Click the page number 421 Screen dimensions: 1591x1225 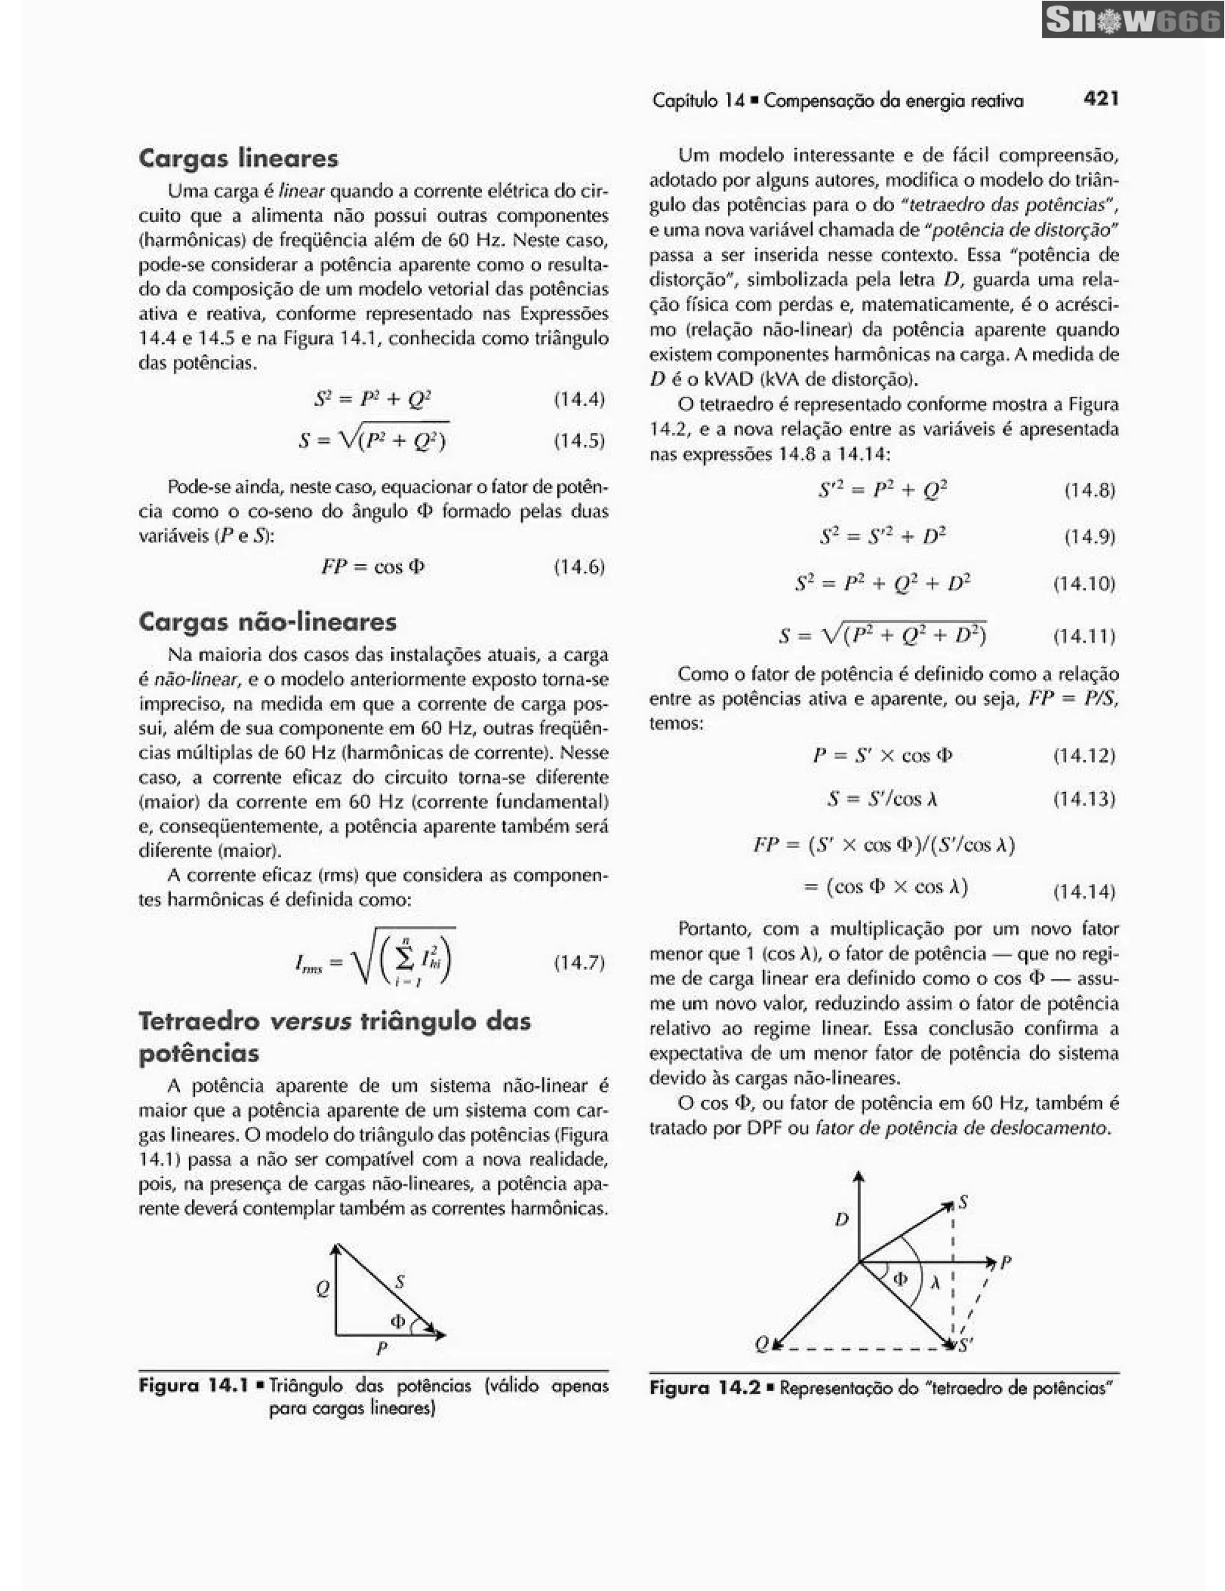pos(1100,98)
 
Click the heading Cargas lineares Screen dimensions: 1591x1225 pos(238,158)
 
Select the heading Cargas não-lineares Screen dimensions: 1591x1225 pos(267,621)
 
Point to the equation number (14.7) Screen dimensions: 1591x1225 pos(579,962)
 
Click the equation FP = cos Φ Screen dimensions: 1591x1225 pos(373,567)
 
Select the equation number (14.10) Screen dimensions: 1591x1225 pos(1084,584)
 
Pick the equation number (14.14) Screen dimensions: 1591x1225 pos(1084,891)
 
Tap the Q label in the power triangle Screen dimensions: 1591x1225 pos(322,1289)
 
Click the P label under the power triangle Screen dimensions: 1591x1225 pos(381,1348)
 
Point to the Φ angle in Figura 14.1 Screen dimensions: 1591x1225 pos(398,1320)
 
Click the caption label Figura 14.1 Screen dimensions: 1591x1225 pos(193,1385)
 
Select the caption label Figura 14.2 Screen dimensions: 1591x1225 pos(704,1387)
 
